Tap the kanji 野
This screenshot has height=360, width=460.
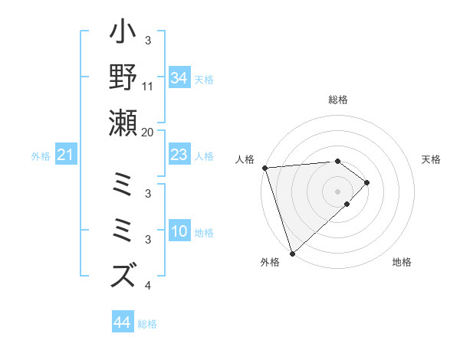[x=123, y=80]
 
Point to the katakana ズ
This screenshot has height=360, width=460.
[x=123, y=273]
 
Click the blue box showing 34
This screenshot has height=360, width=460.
[x=179, y=78]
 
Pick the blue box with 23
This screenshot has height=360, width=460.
[x=179, y=155]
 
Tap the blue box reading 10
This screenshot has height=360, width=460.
[x=179, y=232]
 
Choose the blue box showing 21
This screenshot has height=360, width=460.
[x=65, y=155]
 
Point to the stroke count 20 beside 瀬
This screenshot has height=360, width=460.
[x=148, y=132]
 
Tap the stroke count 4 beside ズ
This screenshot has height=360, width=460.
[x=148, y=286]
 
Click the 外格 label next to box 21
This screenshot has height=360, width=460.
[x=41, y=156]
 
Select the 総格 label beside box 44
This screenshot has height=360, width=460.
[x=147, y=324]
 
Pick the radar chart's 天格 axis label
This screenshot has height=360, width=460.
[x=432, y=159]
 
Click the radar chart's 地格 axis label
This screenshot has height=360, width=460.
[x=402, y=262]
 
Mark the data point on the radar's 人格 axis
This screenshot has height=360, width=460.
[x=264, y=167]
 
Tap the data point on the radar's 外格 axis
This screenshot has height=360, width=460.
[x=292, y=253]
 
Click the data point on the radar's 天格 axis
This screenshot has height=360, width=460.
[x=367, y=182]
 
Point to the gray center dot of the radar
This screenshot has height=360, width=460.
[x=338, y=191]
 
